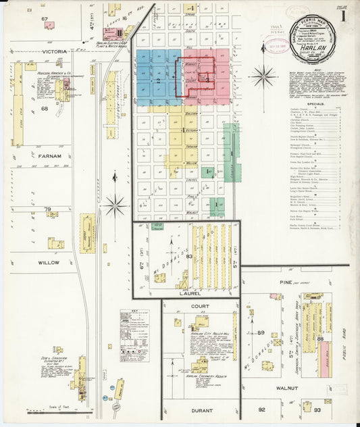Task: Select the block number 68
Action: (45, 108)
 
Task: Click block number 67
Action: (45, 19)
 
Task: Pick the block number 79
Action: (47, 210)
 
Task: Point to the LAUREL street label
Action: (186, 293)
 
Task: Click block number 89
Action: (260, 333)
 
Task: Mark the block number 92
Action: (261, 409)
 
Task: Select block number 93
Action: (317, 409)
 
